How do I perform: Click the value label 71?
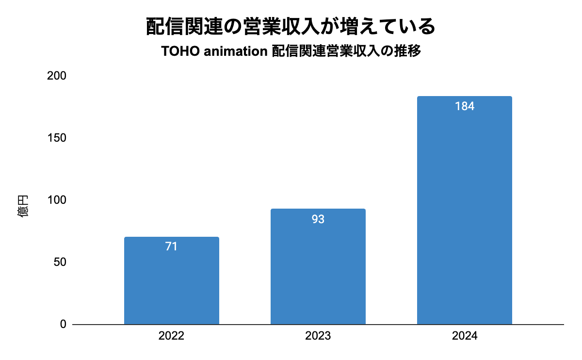point(171,246)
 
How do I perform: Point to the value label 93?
point(318,219)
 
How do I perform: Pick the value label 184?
point(464,107)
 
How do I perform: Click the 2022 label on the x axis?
point(171,336)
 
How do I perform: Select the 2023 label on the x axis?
point(318,336)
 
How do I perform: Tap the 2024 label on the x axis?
point(464,336)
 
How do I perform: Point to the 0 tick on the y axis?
point(63,324)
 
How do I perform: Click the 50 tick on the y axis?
point(60,262)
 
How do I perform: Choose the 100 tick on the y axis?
point(57,200)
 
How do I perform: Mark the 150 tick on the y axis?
point(57,138)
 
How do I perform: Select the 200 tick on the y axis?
point(57,76)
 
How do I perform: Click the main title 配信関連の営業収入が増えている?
point(291,27)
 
